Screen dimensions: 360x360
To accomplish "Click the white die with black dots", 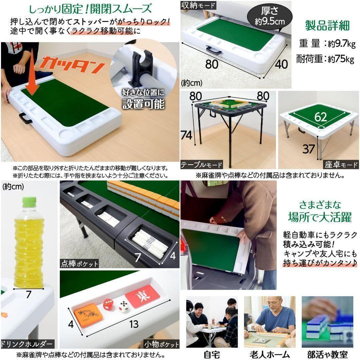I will coord(123,306).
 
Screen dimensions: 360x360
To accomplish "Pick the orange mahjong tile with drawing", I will coord(87,314).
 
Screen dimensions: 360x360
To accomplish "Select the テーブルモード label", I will coord(201,165).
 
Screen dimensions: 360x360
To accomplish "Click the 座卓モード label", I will coord(341,165).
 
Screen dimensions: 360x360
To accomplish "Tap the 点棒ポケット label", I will coord(80,264).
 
